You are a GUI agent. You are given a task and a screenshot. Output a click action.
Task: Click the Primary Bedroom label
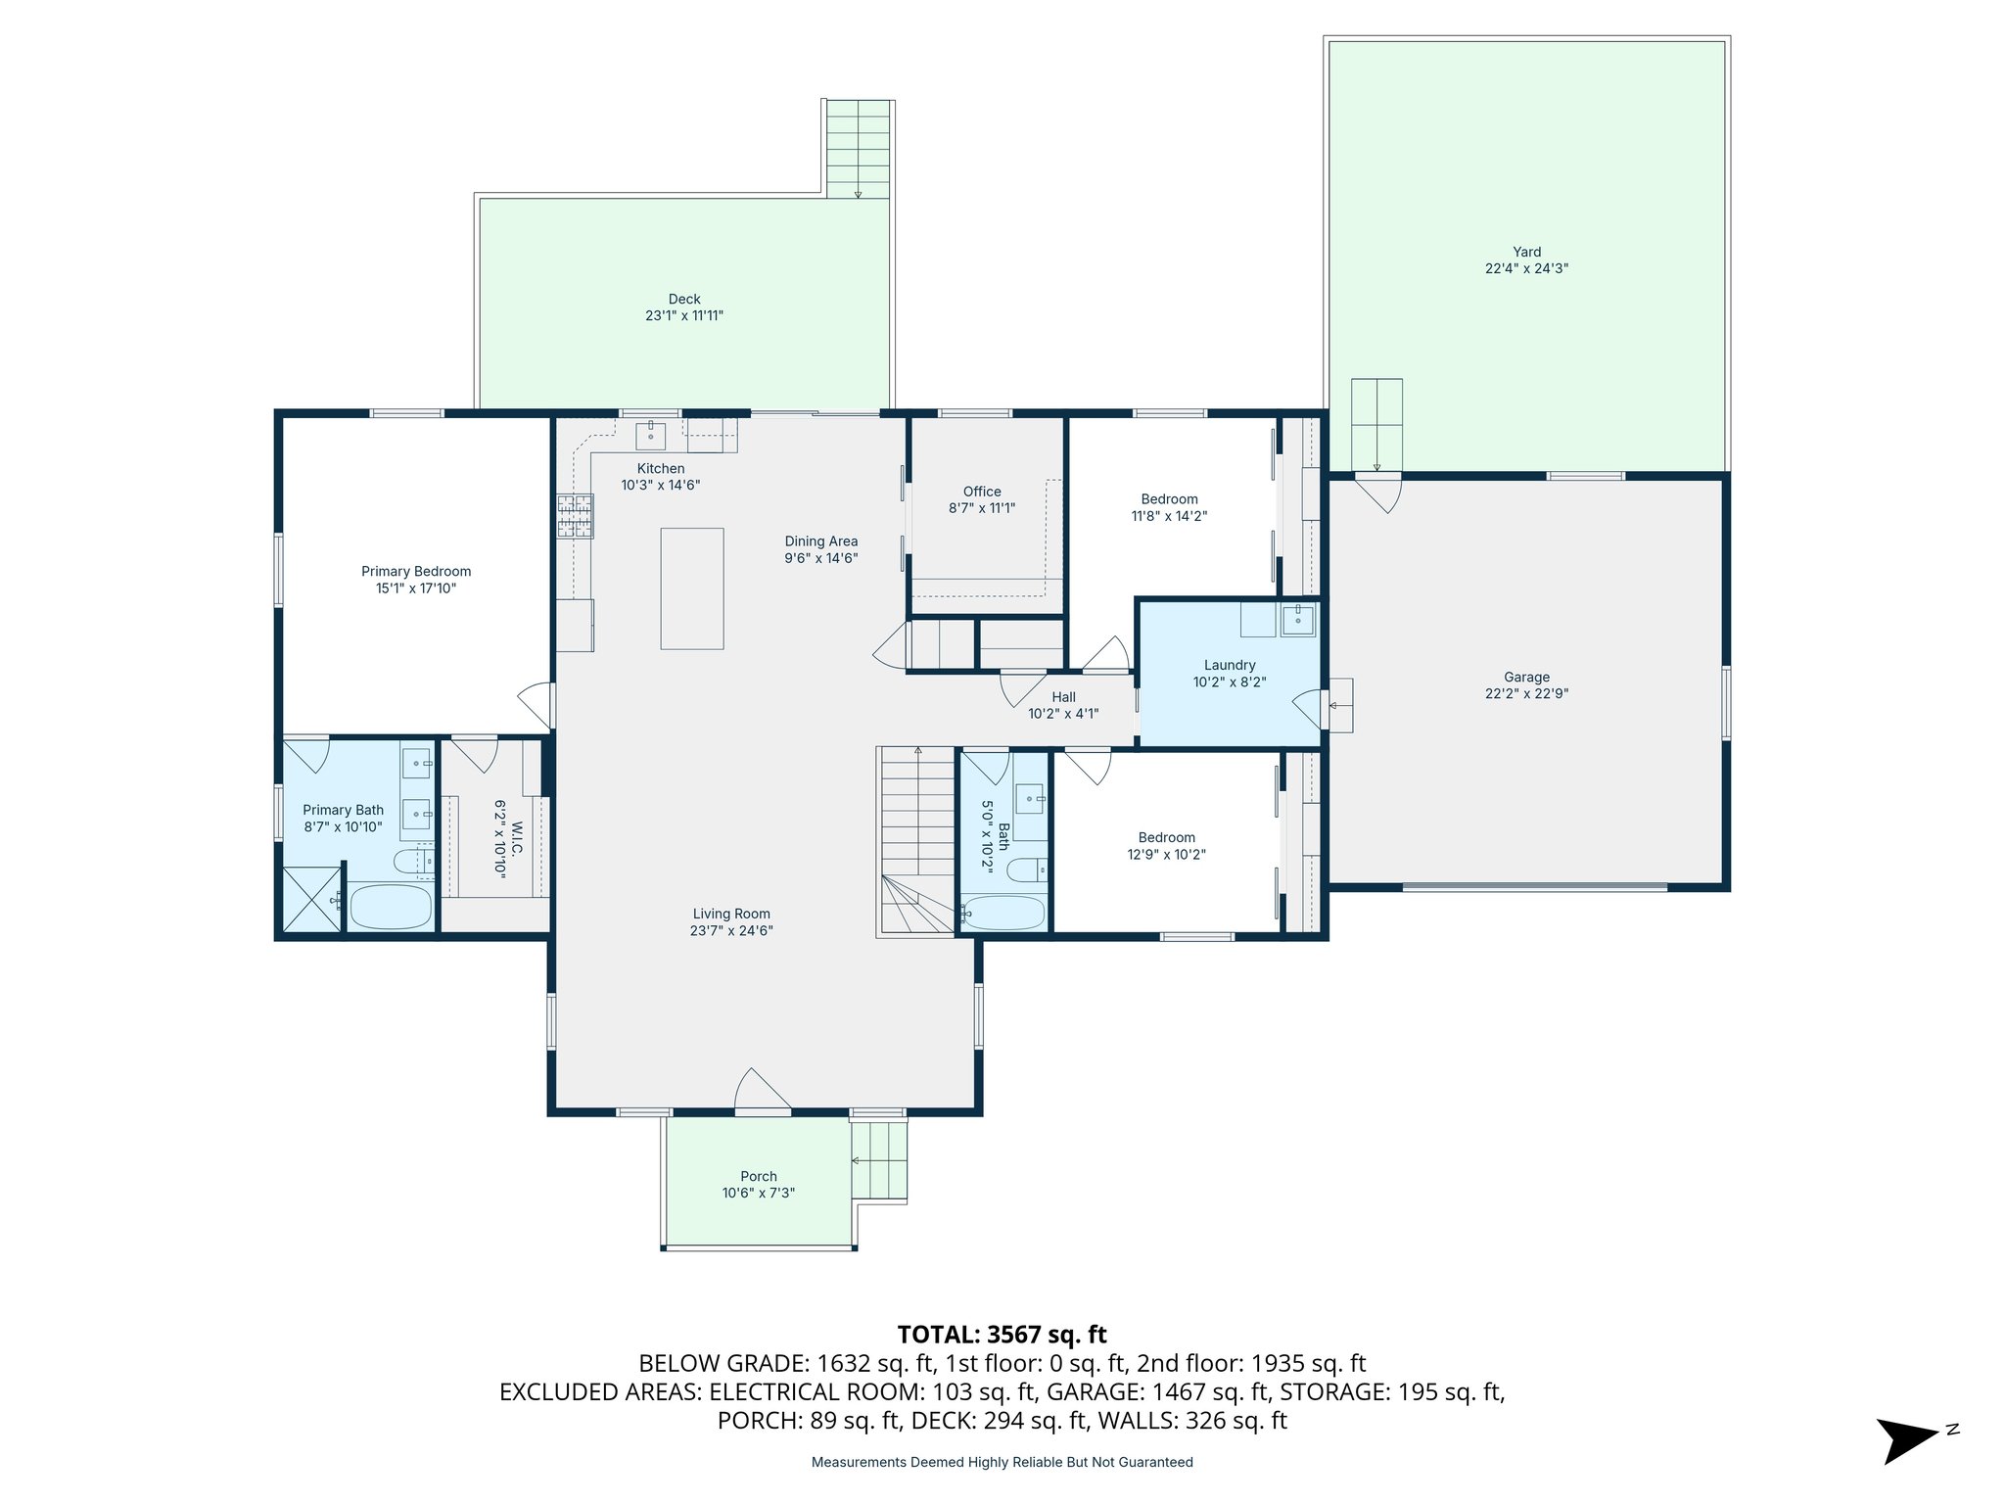point(416,572)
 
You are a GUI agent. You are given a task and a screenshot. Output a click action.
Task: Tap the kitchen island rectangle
point(691,588)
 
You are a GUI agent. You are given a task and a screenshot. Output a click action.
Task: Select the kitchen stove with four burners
point(576,516)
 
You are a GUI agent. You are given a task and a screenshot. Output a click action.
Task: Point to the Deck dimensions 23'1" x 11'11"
point(684,315)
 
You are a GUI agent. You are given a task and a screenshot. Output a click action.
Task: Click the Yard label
point(1526,252)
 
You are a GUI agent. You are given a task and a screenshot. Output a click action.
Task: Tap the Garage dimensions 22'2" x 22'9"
point(1526,693)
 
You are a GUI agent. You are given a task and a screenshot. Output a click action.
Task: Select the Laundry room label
point(1230,665)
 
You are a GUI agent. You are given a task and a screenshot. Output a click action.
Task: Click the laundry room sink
point(1298,620)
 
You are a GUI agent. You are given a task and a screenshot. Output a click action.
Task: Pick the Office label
point(982,492)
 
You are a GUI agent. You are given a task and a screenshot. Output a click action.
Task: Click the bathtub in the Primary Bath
point(391,907)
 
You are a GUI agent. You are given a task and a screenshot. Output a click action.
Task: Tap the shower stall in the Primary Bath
point(311,899)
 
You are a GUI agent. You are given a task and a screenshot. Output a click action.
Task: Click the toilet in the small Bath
point(1026,869)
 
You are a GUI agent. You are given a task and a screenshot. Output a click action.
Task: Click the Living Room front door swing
point(762,1090)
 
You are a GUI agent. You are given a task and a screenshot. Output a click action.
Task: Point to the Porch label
point(759,1176)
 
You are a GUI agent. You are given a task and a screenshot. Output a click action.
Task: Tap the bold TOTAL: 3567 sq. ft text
point(1002,1335)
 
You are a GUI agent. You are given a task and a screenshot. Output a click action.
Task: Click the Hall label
point(1063,697)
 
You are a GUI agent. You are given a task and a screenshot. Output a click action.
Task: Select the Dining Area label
point(820,541)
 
